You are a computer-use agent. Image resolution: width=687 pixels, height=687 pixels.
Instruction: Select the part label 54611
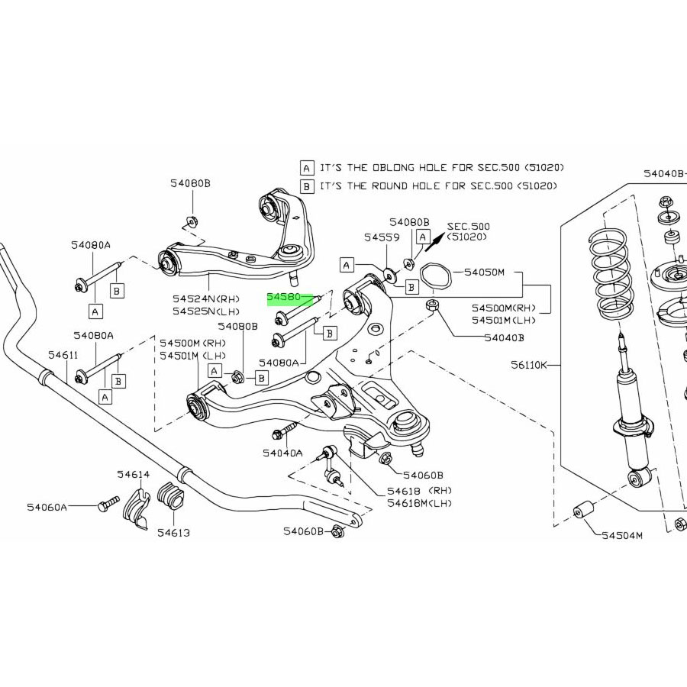pyautogui.click(x=63, y=355)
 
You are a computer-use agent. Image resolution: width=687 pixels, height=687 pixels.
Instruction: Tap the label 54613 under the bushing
pyautogui.click(x=173, y=532)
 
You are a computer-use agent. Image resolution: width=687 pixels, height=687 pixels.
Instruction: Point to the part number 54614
pyautogui.click(x=133, y=475)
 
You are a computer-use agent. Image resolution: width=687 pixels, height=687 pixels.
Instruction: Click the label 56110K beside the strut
pyautogui.click(x=529, y=365)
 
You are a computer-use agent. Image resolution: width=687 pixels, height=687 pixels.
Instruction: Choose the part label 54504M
pyautogui.click(x=622, y=535)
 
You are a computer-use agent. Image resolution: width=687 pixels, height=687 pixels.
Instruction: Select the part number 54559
pyautogui.click(x=382, y=237)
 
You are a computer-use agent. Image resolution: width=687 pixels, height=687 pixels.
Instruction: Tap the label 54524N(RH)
pyautogui.click(x=205, y=299)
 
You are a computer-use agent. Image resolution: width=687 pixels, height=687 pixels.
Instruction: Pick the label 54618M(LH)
pyautogui.click(x=419, y=503)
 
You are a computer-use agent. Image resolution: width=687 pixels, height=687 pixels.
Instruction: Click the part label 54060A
pyautogui.click(x=47, y=507)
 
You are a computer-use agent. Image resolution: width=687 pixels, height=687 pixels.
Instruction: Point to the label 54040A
pyautogui.click(x=282, y=453)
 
